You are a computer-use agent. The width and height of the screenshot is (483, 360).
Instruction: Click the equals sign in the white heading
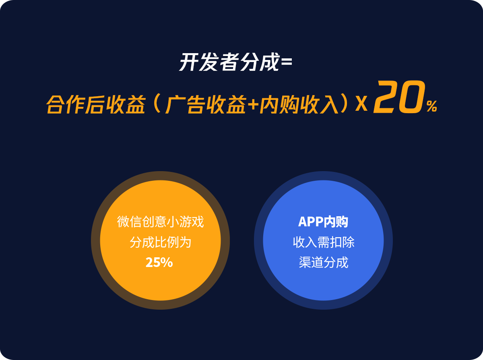click(x=286, y=62)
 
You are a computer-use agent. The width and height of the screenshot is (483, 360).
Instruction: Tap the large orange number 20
click(x=399, y=97)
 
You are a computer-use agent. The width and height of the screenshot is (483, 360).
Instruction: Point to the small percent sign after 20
click(x=431, y=106)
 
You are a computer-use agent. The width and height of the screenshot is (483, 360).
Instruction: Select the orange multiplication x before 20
click(x=361, y=103)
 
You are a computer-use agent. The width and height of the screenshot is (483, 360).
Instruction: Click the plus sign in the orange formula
click(x=253, y=104)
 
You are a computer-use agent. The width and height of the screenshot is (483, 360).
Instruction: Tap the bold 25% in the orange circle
click(x=159, y=262)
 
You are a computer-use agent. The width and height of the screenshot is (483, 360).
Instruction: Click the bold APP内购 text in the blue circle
click(x=323, y=222)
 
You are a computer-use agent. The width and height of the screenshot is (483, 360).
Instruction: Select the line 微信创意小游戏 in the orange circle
click(x=160, y=222)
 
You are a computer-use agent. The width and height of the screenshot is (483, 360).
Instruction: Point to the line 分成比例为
click(x=160, y=242)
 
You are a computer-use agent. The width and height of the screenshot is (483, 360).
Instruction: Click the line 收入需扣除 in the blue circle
click(x=324, y=242)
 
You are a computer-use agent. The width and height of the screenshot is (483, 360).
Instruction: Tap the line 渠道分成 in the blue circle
click(x=324, y=262)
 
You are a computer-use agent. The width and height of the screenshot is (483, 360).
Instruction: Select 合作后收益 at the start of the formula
click(x=96, y=104)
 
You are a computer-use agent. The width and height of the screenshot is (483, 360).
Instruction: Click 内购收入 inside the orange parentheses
click(x=299, y=104)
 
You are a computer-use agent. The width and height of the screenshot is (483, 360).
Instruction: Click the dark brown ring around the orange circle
click(x=95, y=240)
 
